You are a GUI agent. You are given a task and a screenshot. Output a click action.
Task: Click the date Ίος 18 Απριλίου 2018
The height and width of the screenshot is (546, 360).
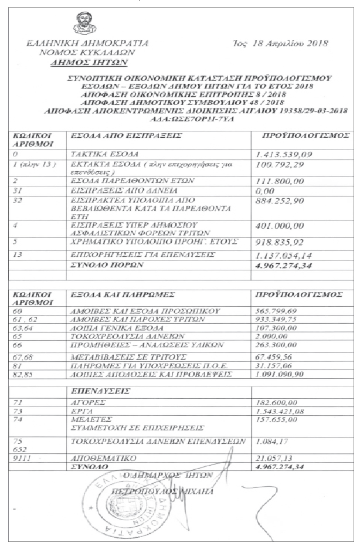point(280,43)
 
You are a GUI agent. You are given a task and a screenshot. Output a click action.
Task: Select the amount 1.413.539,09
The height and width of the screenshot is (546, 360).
point(284,154)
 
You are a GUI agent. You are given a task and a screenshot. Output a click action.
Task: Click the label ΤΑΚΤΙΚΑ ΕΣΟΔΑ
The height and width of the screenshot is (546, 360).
point(98,154)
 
